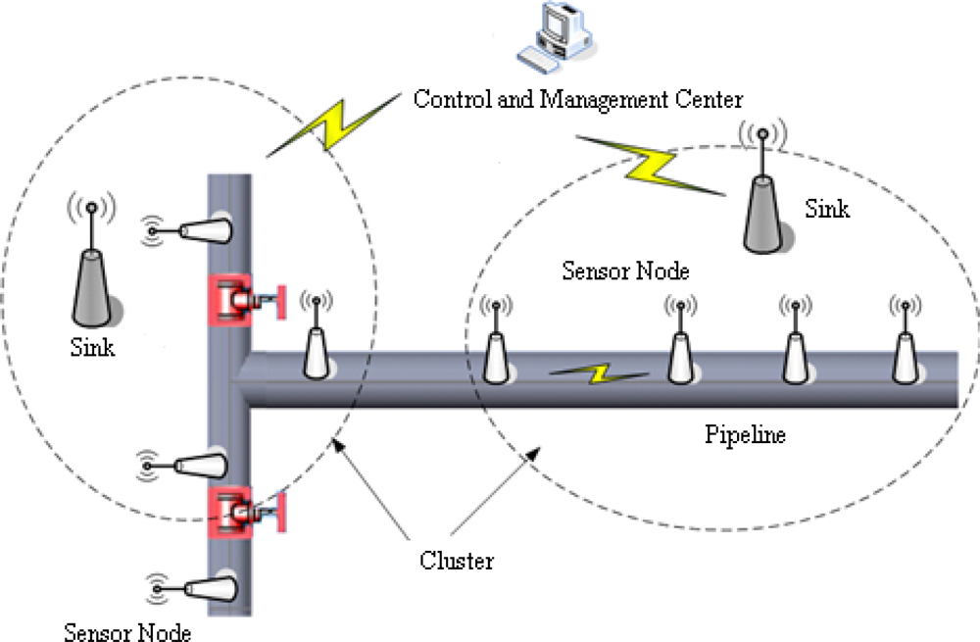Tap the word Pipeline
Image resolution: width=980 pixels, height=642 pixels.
click(x=745, y=434)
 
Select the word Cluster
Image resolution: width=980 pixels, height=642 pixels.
click(x=457, y=561)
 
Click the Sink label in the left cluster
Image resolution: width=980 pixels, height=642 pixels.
click(x=92, y=347)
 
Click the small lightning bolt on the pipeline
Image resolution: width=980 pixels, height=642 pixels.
click(x=598, y=373)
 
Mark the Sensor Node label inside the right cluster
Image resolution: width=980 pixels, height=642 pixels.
click(x=625, y=271)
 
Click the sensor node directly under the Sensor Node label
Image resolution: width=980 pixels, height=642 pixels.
click(x=681, y=348)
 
